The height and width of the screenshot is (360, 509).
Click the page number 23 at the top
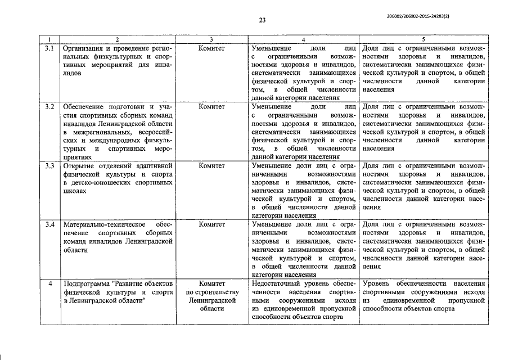tap(262, 20)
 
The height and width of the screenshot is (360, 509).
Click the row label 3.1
tap(49, 49)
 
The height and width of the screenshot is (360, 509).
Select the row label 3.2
tap(49, 107)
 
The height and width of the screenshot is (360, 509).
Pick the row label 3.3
tap(49, 166)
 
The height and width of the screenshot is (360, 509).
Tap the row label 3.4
tap(49, 224)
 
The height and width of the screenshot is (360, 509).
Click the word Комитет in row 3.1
tap(211, 49)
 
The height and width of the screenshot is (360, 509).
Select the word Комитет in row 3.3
tap(211, 166)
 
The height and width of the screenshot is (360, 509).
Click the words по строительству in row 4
tap(211, 292)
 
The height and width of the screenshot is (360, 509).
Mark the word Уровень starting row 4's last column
tap(378, 283)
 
